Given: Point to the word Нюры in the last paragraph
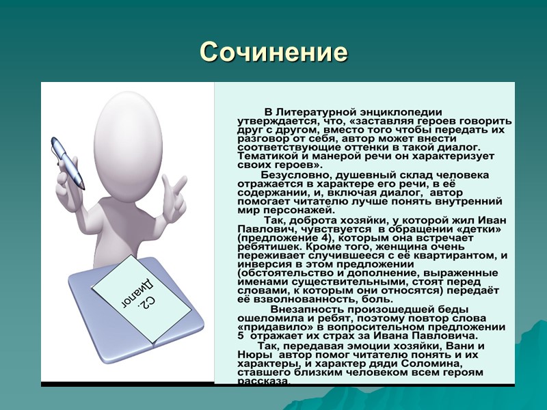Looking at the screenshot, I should point(251,355).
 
